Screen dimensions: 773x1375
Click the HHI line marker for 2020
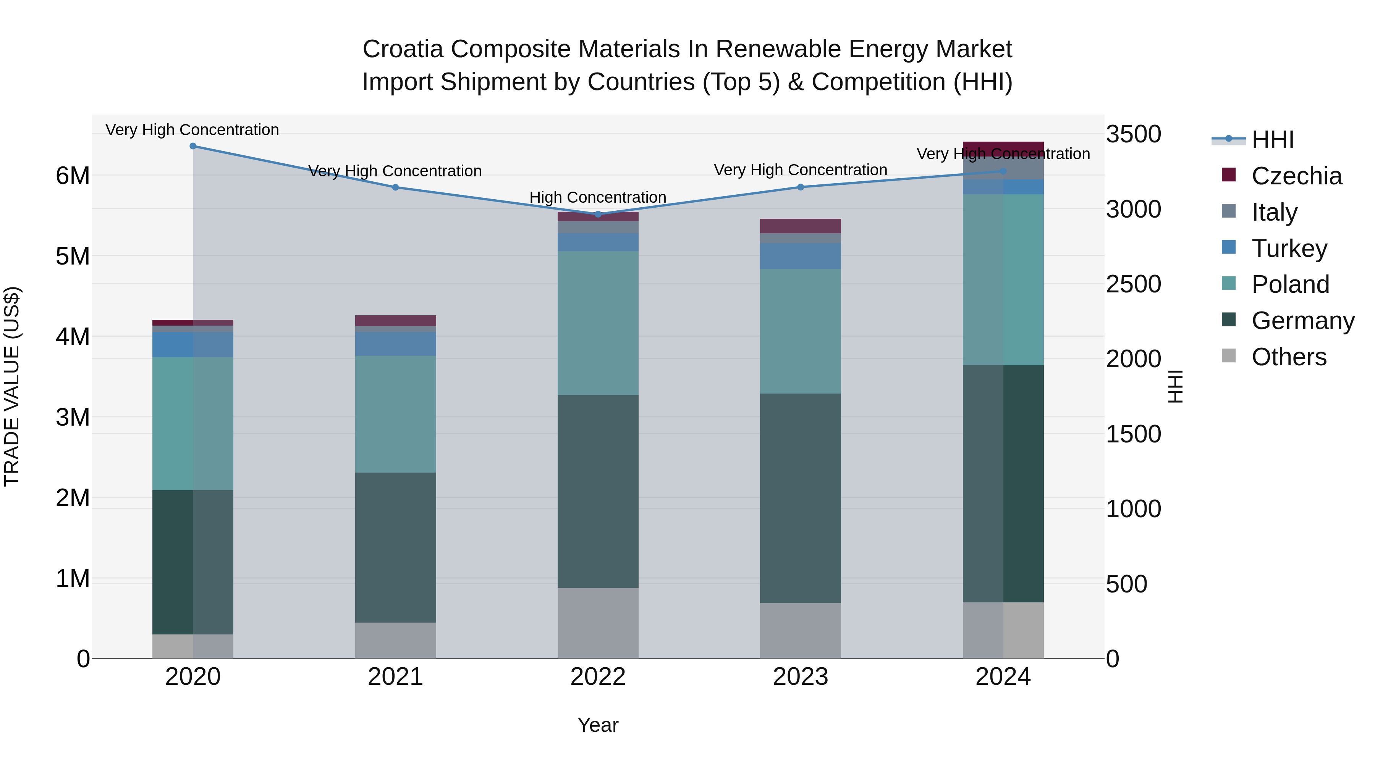tap(193, 146)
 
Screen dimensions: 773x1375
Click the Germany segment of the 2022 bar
tap(598, 491)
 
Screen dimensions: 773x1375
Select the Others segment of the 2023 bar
tap(800, 631)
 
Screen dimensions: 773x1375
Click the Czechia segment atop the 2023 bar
tap(800, 226)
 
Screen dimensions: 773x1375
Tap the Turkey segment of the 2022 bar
tap(598, 242)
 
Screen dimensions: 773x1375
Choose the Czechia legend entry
tap(1296, 176)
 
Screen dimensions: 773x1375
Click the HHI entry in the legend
tap(1272, 140)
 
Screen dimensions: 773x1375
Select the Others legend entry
tap(1289, 357)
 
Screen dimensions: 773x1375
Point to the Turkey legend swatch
tap(1228, 247)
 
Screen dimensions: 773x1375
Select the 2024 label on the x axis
tap(1003, 677)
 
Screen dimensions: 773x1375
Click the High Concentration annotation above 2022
tap(598, 197)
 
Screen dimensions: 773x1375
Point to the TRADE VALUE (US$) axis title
tap(12, 386)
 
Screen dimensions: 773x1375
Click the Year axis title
tap(598, 725)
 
